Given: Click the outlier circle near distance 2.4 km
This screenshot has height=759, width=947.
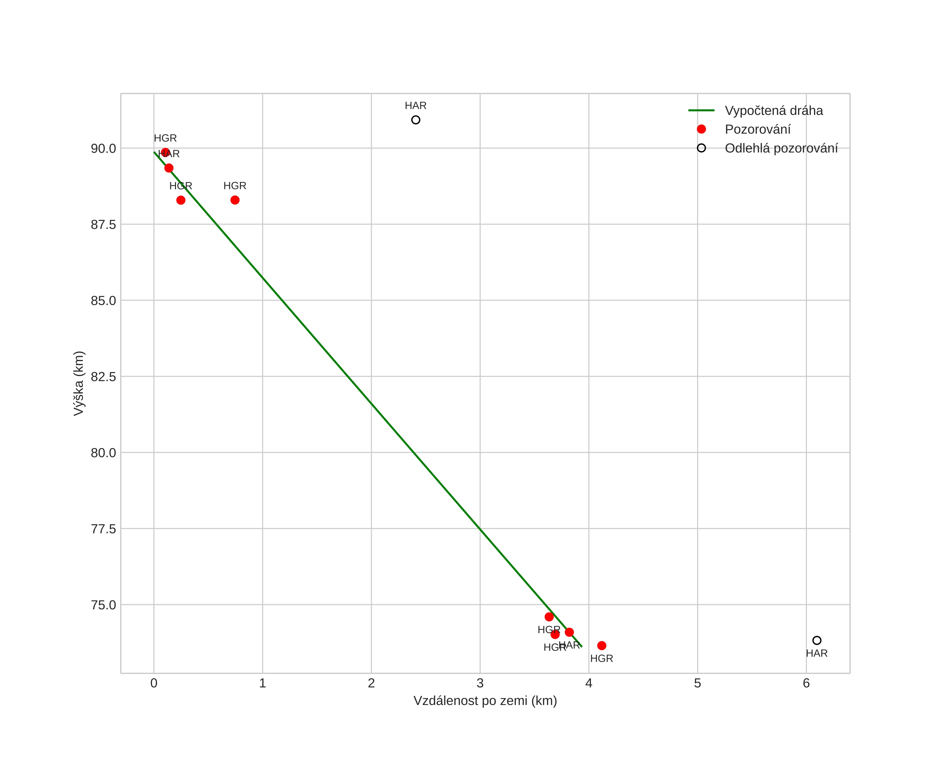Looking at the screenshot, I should [416, 120].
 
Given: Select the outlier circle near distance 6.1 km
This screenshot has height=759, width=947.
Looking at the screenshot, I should [817, 640].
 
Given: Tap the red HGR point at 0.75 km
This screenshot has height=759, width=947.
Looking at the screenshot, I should [235, 200].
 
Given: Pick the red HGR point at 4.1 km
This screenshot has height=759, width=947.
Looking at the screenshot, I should [602, 646].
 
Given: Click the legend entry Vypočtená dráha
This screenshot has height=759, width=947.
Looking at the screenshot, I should [774, 111].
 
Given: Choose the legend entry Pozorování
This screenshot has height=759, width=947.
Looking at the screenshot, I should [757, 130].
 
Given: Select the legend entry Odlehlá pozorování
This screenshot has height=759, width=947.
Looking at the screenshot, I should [781, 148].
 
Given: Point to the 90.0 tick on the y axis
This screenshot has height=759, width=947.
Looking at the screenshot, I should [103, 148].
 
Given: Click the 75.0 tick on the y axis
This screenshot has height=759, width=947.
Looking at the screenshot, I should [103, 605].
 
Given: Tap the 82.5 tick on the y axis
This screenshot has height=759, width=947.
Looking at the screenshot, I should [103, 377].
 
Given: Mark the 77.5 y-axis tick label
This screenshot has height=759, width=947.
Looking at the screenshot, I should [103, 529].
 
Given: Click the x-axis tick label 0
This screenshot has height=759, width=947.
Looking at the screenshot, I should [154, 683].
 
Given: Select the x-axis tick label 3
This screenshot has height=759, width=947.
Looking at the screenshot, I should [480, 683].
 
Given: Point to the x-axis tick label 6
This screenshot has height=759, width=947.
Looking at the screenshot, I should [806, 683].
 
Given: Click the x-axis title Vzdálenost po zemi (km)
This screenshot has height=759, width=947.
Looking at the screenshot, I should [485, 701].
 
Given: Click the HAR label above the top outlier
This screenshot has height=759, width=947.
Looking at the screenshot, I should [416, 106].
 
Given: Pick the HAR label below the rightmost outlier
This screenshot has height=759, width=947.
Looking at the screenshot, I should [817, 654].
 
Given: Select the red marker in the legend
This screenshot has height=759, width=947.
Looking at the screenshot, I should [701, 129].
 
